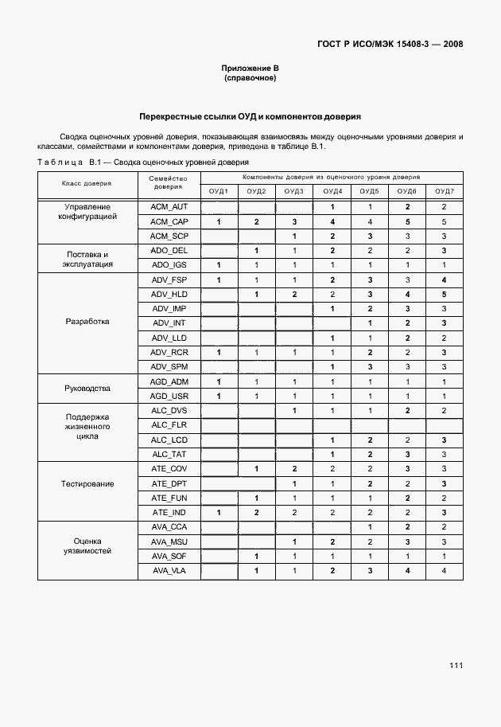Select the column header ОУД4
(332, 192)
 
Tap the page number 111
(455, 665)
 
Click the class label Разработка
(87, 322)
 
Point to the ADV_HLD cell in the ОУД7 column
(444, 294)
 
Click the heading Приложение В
(250, 68)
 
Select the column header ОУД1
(219, 192)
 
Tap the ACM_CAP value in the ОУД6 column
(406, 221)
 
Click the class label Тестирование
(87, 483)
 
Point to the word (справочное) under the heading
(250, 79)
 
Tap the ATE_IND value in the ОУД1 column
(219, 512)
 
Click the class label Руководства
(87, 389)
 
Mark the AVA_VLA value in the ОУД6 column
(406, 570)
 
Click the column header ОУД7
(444, 192)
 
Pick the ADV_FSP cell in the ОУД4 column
(332, 279)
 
